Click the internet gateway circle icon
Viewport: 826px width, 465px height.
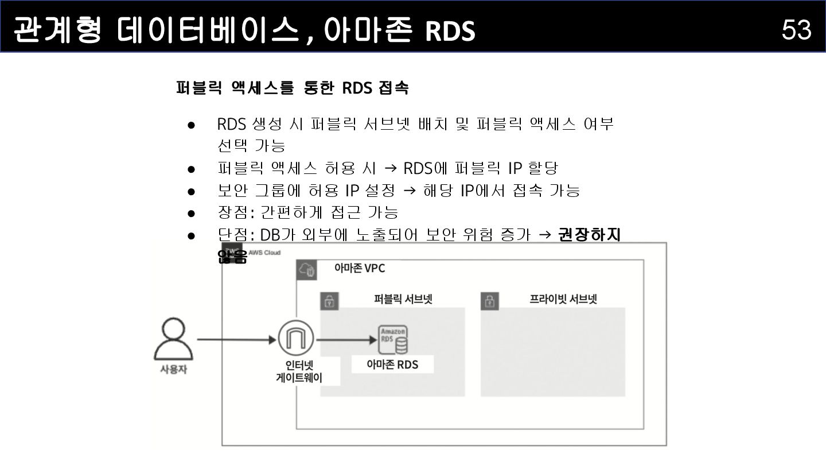296,339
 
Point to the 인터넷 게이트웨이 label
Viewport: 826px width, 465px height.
299,371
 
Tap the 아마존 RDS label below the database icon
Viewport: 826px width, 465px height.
392,365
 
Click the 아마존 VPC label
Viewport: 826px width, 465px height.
360,268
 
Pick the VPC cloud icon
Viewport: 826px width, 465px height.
307,270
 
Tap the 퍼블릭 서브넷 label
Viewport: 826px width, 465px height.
403,299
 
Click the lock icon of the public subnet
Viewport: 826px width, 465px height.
329,301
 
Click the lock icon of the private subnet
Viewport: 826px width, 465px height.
489,301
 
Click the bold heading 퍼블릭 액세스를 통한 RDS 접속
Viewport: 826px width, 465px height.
293,88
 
